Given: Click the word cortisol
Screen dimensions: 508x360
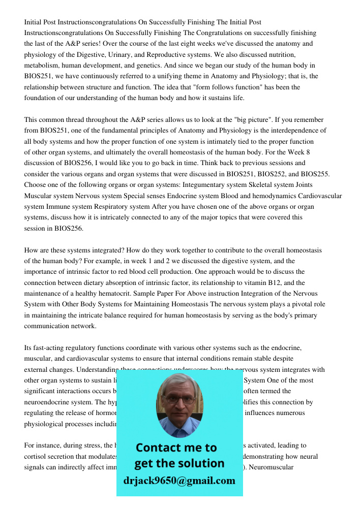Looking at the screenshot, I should (x=35, y=456).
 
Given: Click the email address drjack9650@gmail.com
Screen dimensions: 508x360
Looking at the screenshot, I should (x=179, y=481).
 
